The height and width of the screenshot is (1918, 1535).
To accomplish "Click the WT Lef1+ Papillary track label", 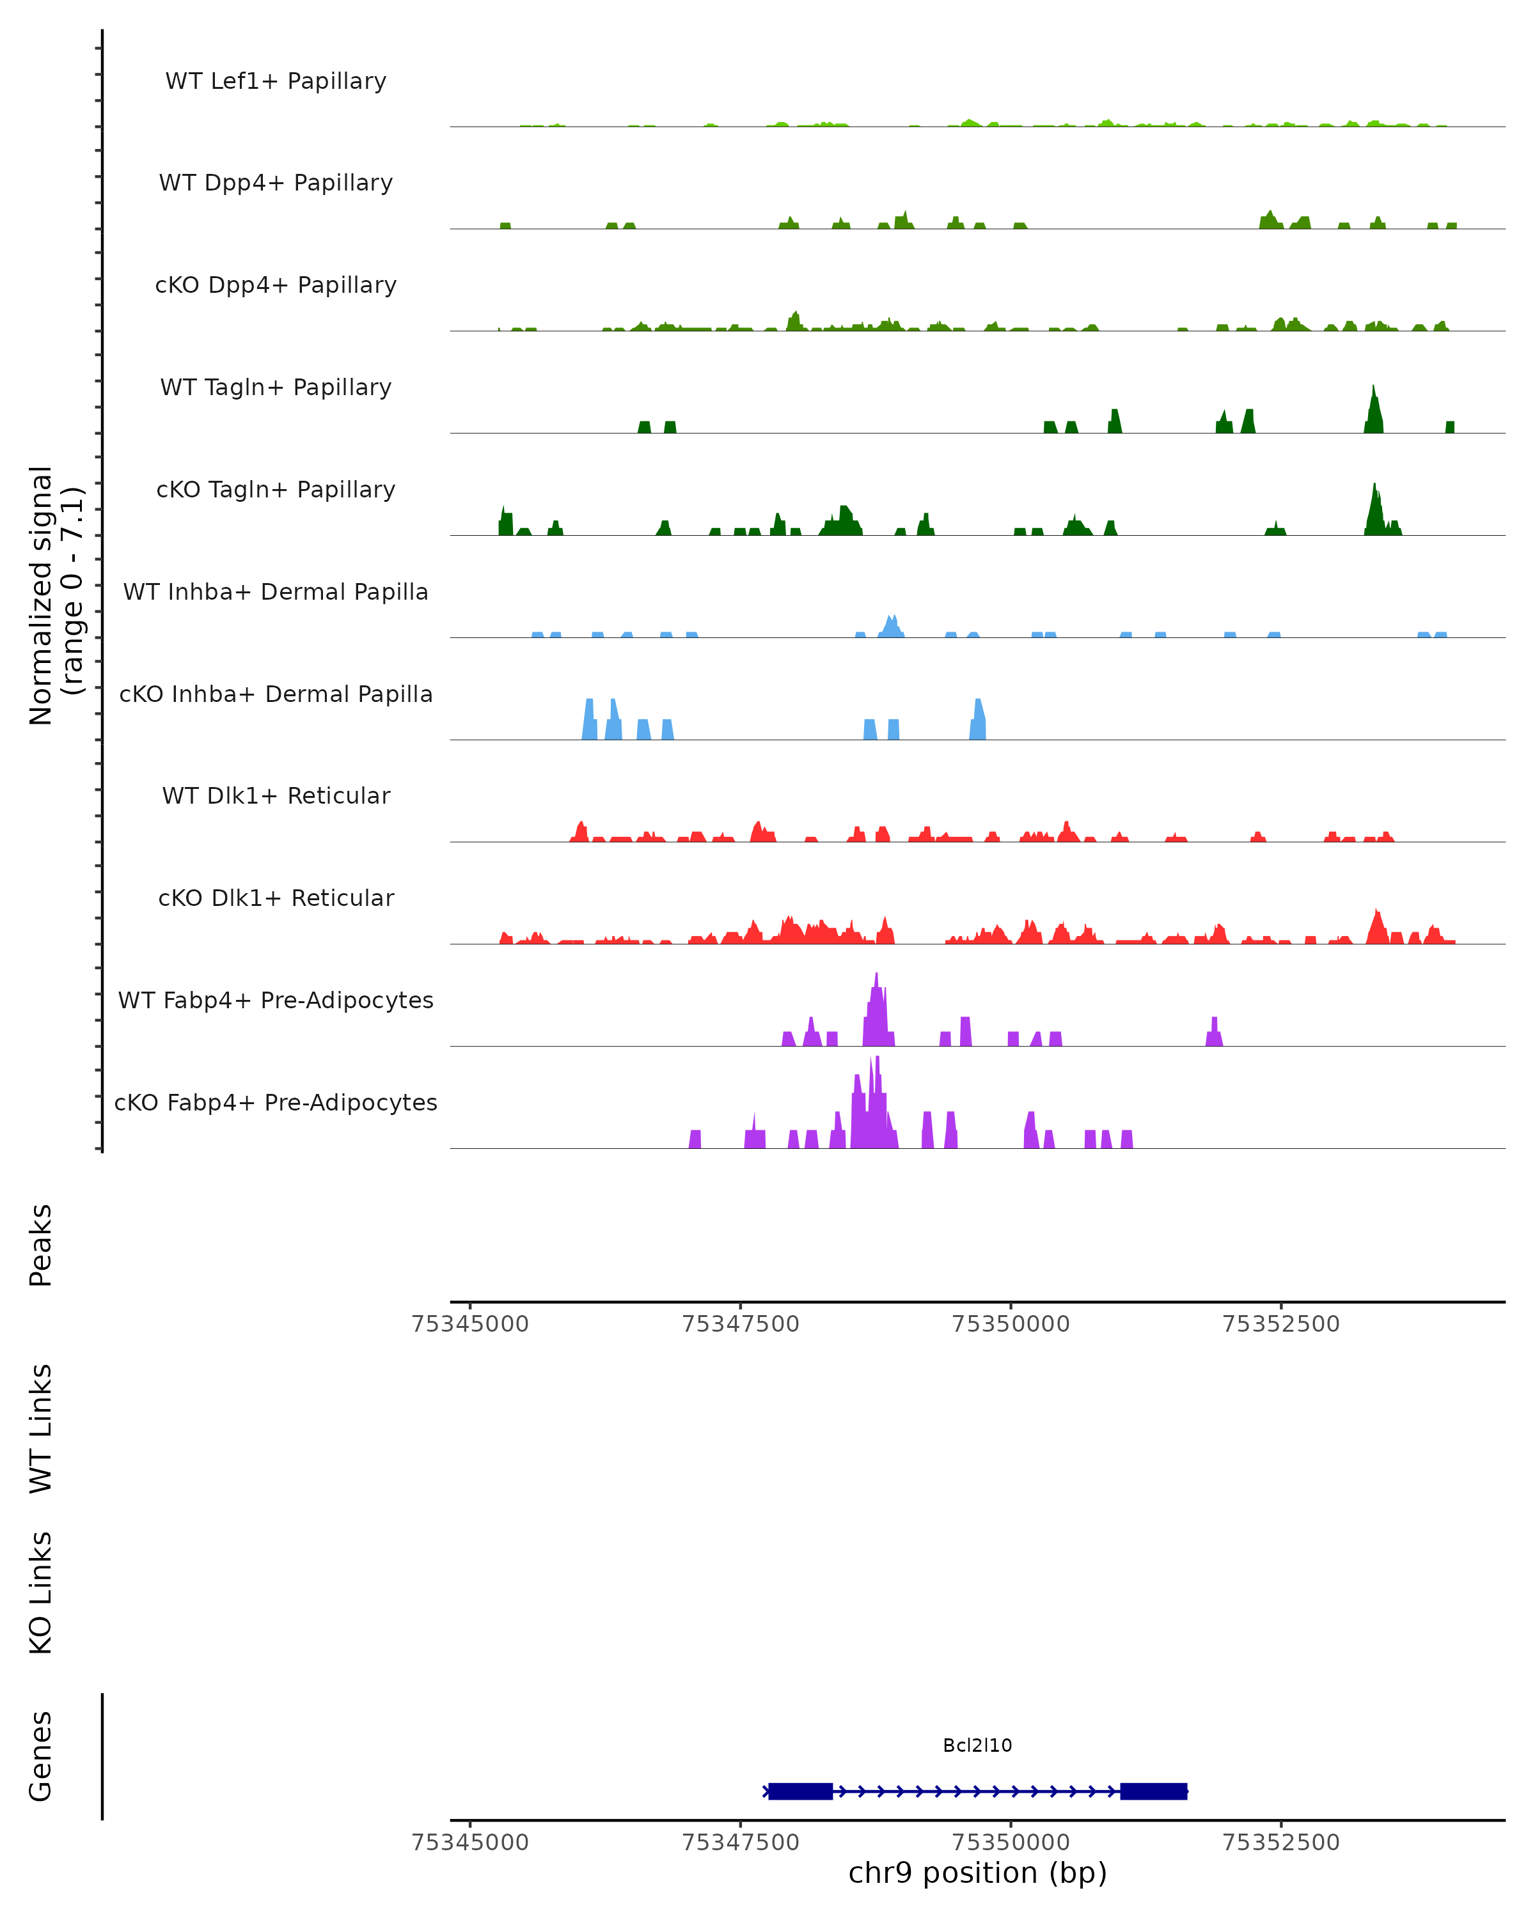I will (276, 81).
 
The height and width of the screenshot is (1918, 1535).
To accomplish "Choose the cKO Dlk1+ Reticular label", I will (276, 898).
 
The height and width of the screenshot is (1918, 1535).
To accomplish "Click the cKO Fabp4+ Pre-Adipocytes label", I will (276, 1102).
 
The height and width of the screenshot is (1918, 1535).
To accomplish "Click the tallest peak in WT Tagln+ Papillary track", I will (1373, 391).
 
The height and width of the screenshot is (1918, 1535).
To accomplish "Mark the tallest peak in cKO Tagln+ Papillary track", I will (1374, 489).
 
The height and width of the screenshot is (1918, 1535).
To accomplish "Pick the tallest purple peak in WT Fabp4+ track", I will (876, 979).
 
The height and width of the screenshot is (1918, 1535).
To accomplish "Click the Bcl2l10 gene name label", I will (977, 1745).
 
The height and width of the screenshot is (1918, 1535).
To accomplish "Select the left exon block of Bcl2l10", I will (800, 1791).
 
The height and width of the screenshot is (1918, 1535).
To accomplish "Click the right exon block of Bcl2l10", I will (1153, 1791).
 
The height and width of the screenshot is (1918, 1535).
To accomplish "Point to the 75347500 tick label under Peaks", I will (741, 1324).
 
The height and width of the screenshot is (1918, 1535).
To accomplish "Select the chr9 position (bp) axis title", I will (977, 1873).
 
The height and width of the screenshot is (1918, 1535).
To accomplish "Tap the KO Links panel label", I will (41, 1593).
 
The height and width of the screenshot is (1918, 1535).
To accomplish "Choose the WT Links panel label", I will (41, 1428).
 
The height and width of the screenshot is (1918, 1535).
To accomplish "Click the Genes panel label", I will (41, 1755).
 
